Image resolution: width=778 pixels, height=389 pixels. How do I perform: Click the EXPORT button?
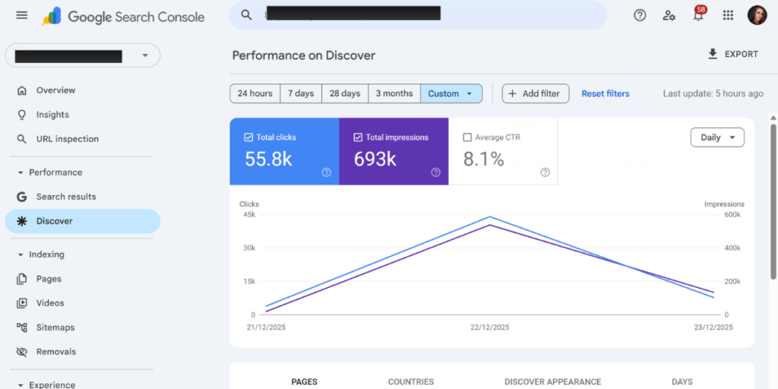tap(733, 54)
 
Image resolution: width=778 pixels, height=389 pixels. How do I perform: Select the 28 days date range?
tap(345, 93)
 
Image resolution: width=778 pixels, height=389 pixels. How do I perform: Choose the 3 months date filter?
tap(394, 93)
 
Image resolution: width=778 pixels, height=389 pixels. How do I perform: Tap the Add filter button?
tap(536, 93)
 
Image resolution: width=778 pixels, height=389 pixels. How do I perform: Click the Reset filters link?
tap(606, 93)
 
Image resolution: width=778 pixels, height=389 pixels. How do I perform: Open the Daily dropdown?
tap(717, 138)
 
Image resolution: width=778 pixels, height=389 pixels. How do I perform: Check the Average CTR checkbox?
tap(467, 138)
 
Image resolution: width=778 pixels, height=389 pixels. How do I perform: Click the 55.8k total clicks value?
tap(268, 159)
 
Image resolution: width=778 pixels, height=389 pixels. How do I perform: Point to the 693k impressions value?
tap(375, 159)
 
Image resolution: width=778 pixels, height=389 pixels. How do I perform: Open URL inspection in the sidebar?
tap(67, 139)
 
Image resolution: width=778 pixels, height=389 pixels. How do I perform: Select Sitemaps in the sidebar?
tap(55, 327)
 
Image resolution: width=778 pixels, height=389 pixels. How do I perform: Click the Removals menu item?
tap(55, 352)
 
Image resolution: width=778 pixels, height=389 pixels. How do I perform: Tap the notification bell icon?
tap(699, 15)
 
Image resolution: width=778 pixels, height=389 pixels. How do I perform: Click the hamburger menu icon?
tap(22, 15)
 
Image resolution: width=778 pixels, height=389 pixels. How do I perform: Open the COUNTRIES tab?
tap(411, 381)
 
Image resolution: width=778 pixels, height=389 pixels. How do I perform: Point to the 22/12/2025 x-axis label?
tap(490, 327)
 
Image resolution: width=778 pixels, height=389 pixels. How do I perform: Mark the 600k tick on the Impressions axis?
tap(732, 215)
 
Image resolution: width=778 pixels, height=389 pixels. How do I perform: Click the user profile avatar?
tap(757, 15)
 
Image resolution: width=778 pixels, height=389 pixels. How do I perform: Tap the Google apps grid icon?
tap(728, 15)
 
